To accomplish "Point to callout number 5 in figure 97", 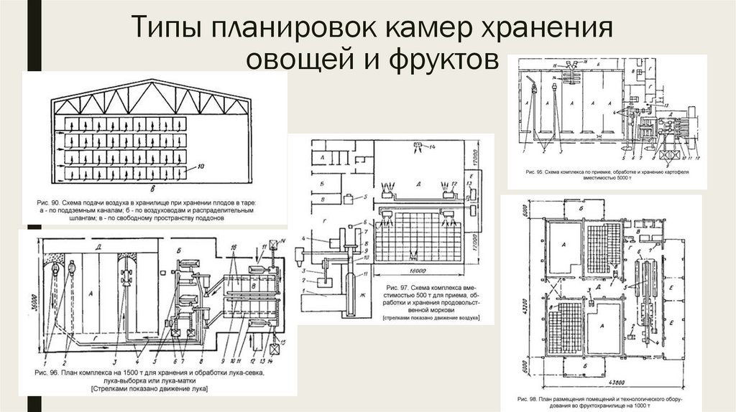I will click(x=365, y=195).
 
